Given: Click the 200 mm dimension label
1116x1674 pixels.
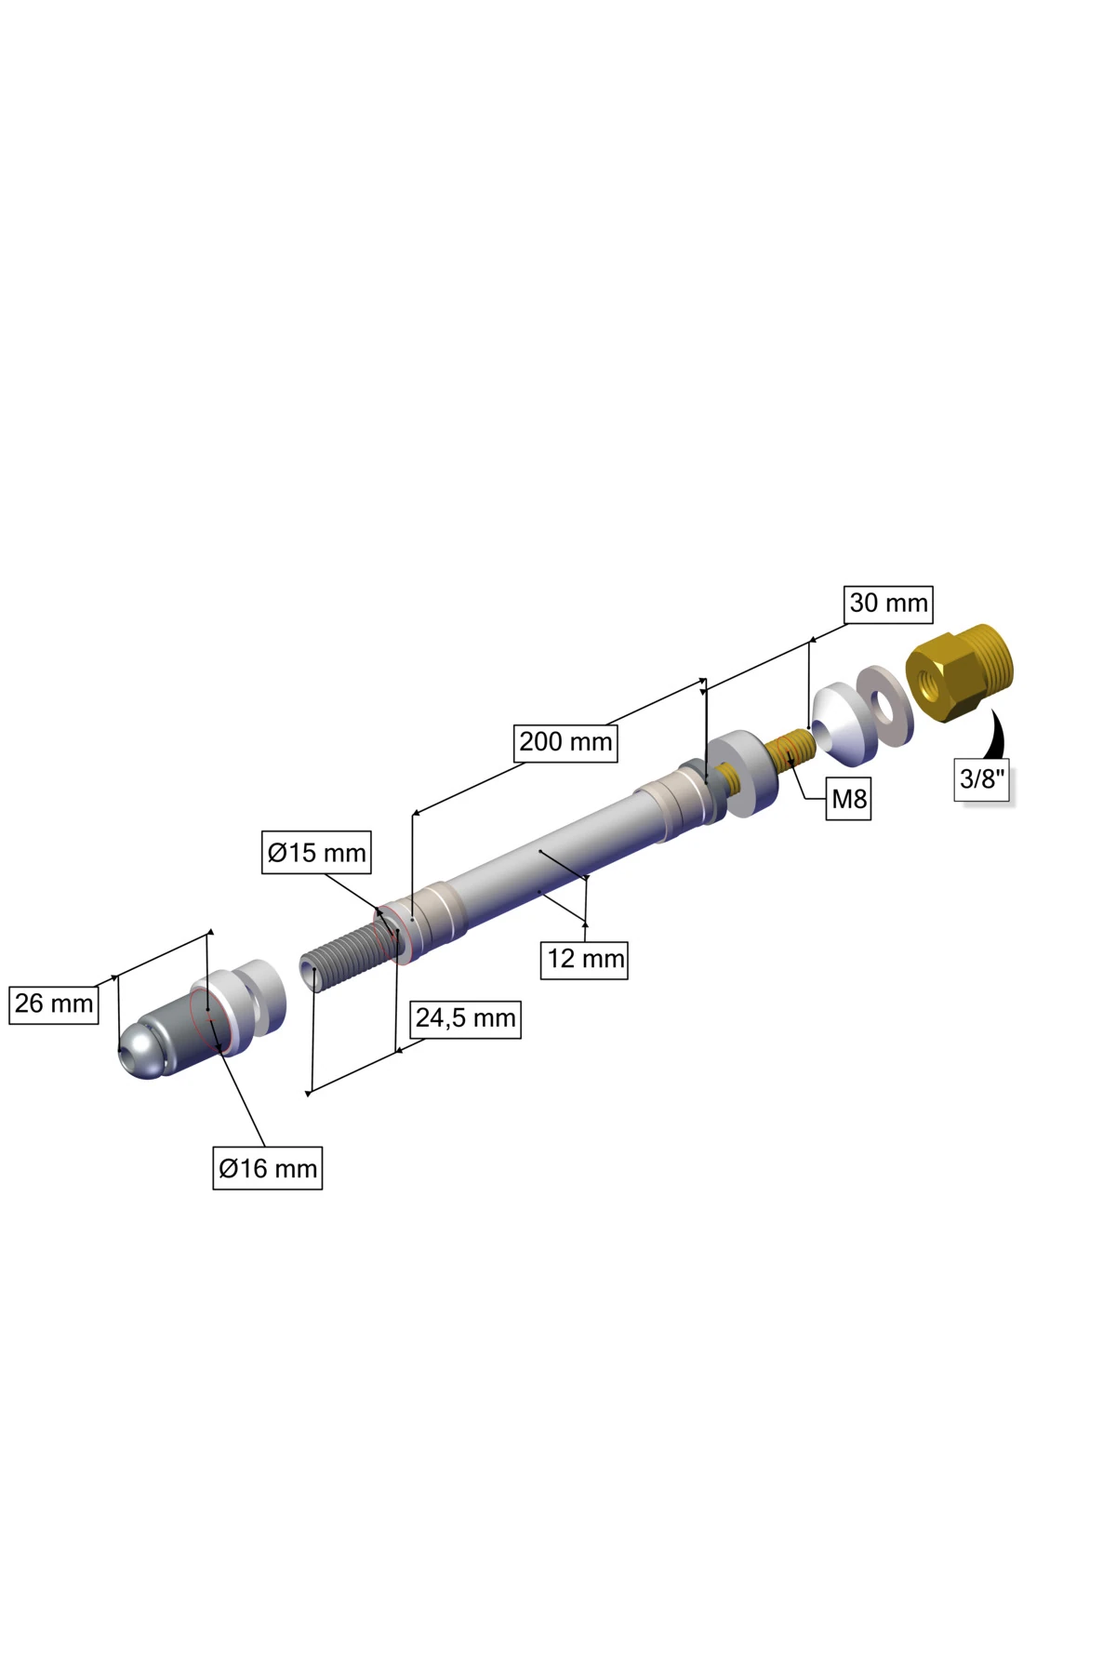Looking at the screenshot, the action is click(566, 742).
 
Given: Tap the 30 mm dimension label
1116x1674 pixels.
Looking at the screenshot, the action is click(888, 604).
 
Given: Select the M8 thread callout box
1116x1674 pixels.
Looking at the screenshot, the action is click(849, 799).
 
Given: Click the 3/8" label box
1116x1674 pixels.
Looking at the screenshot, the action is click(983, 779).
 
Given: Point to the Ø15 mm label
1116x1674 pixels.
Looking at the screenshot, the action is click(316, 853).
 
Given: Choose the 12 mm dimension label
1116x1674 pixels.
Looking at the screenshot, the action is click(585, 959).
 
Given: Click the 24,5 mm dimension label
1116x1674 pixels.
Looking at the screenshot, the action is click(465, 1018).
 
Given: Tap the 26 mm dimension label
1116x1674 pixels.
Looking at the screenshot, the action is click(54, 1003).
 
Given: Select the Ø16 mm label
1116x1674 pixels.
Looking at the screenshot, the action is click(268, 1168).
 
